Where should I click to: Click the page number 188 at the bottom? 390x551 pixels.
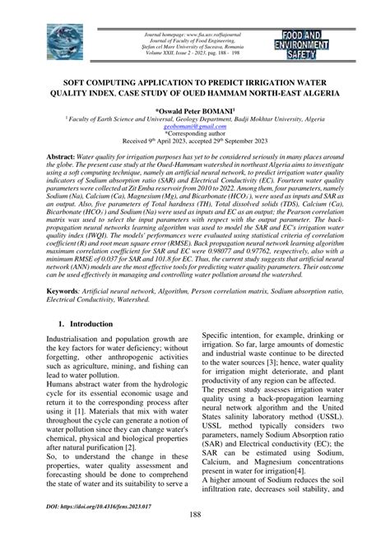click(x=195, y=537)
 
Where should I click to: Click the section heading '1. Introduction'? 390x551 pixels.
click(x=86, y=323)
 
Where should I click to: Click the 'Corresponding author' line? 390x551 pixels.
click(x=195, y=137)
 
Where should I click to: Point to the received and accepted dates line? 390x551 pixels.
click(x=195, y=145)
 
